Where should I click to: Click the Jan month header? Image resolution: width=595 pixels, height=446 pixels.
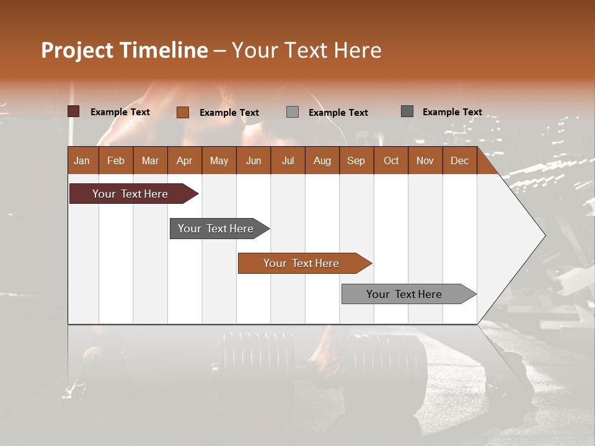point(82,160)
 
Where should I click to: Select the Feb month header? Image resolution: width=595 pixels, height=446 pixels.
point(116,160)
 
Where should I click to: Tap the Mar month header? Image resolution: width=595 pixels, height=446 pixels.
point(151,160)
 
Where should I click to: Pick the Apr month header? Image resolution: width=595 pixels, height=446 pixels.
point(185,160)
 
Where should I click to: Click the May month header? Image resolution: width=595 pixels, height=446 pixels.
point(219,160)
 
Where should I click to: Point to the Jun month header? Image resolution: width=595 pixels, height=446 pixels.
point(253,160)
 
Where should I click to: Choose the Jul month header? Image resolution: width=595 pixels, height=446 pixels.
point(288,160)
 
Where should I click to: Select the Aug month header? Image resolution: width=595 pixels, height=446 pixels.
point(322,160)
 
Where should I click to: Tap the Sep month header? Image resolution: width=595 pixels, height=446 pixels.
point(356,160)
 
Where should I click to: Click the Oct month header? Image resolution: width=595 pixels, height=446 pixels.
point(391,160)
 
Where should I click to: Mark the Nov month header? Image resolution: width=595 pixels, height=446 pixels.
point(425,160)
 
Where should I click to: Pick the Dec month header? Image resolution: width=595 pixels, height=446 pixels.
point(460,160)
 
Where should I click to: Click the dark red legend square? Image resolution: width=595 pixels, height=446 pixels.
point(74,111)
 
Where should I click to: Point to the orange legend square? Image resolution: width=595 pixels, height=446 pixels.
point(183,112)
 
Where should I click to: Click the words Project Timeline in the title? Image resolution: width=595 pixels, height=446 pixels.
point(125,50)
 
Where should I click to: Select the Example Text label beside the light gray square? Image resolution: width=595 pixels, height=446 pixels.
point(338,113)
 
